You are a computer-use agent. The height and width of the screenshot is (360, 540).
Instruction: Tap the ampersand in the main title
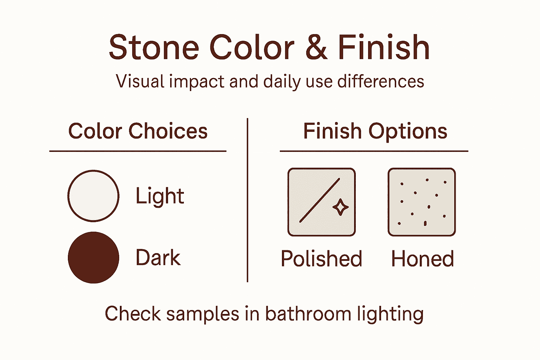coord(316,48)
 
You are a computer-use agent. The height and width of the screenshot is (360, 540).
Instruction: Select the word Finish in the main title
coord(384,48)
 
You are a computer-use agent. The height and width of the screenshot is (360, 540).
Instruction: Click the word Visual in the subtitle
coord(140,81)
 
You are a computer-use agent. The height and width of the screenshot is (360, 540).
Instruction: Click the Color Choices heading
coord(138,131)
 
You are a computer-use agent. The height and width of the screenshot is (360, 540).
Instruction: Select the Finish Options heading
coord(375,131)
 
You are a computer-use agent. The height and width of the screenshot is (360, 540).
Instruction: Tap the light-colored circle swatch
coord(93,196)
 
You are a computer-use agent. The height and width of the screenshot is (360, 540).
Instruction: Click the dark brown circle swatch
coord(93,257)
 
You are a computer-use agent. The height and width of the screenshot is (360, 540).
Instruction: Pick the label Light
coord(160,196)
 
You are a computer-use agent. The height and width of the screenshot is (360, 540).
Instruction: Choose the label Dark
coord(158,258)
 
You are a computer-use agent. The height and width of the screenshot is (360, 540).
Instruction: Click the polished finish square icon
coord(321,202)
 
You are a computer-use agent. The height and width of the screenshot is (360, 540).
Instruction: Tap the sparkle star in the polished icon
coord(340,207)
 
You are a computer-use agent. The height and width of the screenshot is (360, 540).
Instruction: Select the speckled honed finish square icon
coord(422,202)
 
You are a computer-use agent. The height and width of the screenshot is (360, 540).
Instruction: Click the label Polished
coord(321,259)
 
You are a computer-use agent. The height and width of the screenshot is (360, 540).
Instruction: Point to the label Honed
coord(422,259)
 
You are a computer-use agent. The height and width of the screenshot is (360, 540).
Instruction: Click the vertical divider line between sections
coord(247,200)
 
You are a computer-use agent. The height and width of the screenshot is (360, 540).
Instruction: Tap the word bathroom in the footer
coord(308,314)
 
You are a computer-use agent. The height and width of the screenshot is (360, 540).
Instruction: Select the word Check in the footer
coord(133,314)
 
